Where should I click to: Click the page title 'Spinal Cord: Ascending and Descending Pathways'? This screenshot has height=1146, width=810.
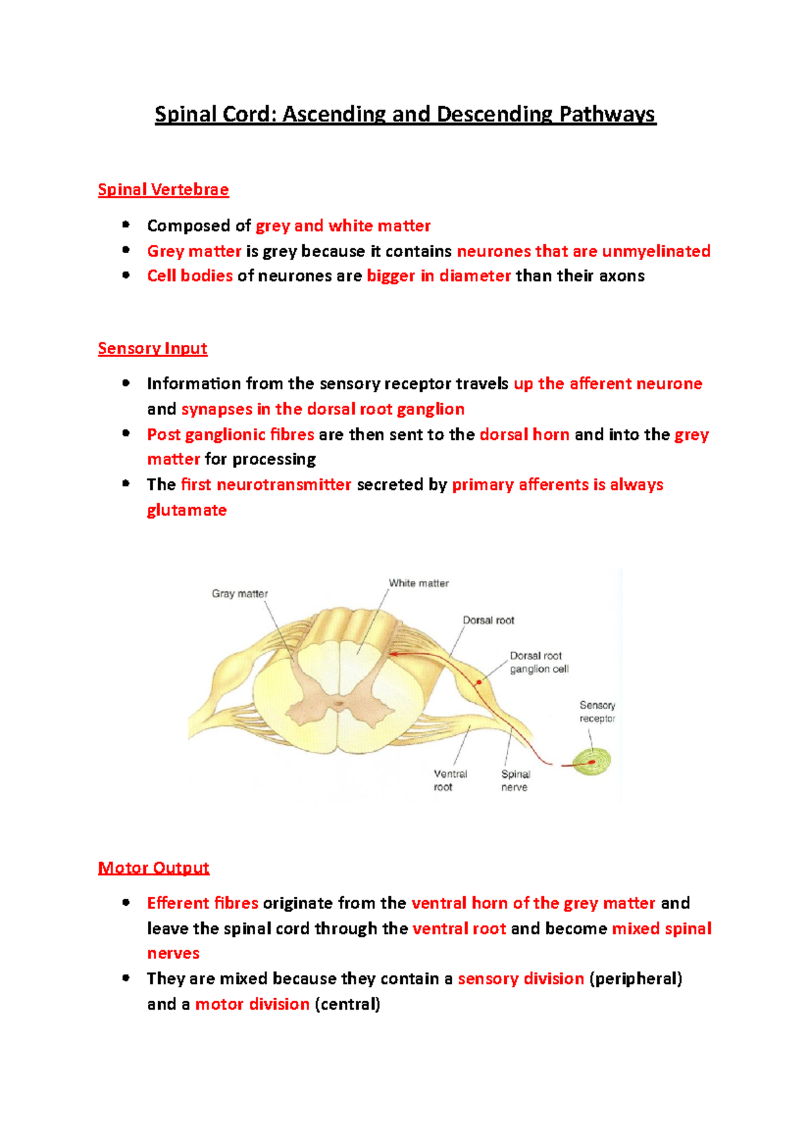tap(405, 114)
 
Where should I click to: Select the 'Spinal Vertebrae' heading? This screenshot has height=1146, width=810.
tap(163, 190)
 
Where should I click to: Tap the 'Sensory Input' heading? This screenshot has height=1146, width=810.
tap(153, 348)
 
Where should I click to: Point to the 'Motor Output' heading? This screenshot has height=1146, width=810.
tap(154, 867)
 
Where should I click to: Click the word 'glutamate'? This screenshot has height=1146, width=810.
tap(187, 510)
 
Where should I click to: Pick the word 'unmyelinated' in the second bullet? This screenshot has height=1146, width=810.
tap(656, 251)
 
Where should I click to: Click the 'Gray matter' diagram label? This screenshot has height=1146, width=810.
tap(240, 594)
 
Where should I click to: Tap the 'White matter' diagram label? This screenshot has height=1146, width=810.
tap(418, 583)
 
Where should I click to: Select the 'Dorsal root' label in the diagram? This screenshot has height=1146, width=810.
tap(488, 620)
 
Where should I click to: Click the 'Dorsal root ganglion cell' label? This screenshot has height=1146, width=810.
tap(539, 662)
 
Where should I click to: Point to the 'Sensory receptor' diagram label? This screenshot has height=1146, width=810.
tap(597, 711)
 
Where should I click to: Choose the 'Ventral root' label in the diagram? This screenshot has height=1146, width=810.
tap(450, 780)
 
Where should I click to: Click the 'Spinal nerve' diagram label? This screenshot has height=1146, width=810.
tap(515, 780)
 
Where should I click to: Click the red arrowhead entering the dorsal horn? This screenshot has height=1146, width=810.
tap(391, 653)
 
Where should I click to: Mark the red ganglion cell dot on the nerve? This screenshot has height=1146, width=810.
tap(479, 682)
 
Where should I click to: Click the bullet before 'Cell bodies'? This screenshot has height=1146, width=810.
tap(126, 275)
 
